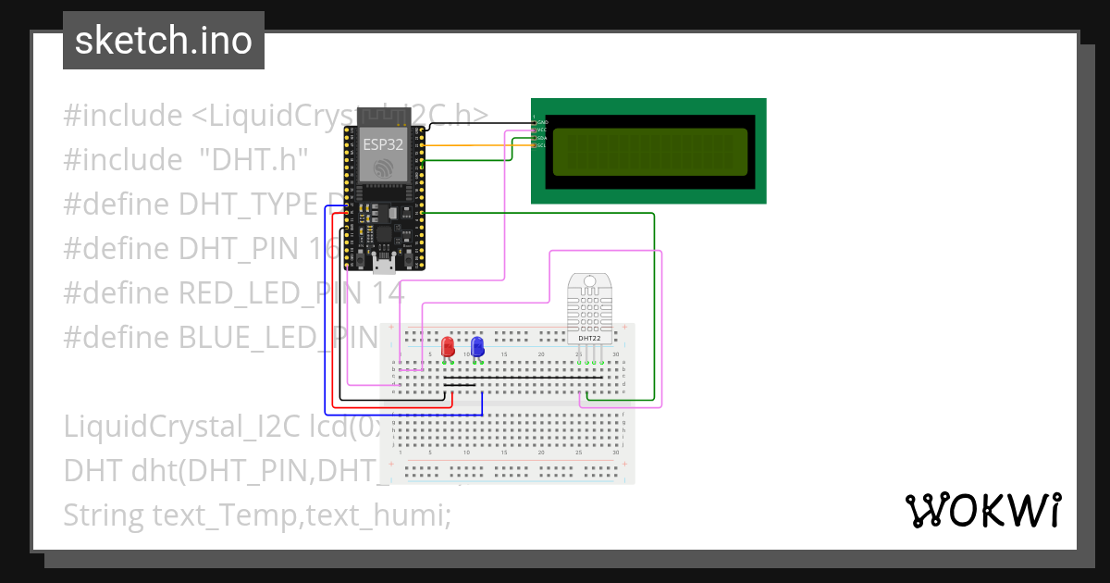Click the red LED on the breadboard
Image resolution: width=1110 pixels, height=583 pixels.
(448, 347)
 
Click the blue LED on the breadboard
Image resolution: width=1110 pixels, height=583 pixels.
(477, 347)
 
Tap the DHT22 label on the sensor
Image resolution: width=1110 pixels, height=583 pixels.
(589, 338)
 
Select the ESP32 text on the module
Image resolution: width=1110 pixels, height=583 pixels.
(382, 144)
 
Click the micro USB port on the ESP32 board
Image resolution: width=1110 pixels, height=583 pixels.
(383, 267)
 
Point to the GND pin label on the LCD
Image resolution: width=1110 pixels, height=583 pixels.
(543, 122)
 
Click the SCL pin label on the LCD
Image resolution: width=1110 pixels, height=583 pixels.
(543, 145)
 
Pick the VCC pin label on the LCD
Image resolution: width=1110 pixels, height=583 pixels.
(543, 130)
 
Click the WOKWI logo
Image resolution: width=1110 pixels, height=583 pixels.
(982, 510)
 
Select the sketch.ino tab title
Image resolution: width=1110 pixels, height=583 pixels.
(164, 41)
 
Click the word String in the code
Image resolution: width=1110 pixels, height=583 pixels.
(103, 514)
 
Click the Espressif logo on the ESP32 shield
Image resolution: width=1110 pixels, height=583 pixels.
(382, 167)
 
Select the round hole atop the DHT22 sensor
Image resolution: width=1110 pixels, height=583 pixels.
(589, 280)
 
